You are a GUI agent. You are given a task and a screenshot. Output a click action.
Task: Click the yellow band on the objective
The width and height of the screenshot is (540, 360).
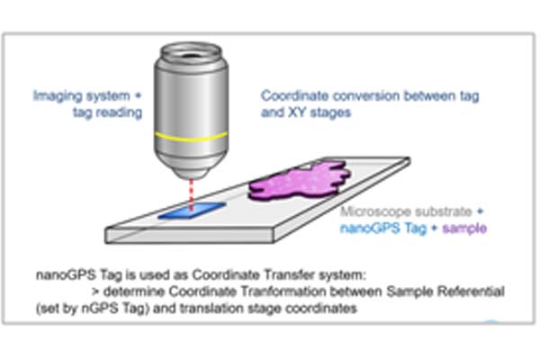coord(191,137)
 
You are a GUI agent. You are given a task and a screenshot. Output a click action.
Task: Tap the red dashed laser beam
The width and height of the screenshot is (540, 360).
coord(192,194)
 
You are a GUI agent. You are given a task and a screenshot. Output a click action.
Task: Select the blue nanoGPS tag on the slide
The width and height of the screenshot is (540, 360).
coord(192,211)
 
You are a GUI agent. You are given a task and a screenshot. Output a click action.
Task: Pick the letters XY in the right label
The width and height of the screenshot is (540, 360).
coord(297,112)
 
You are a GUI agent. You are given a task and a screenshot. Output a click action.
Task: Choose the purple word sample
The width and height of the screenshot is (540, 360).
coord(464,228)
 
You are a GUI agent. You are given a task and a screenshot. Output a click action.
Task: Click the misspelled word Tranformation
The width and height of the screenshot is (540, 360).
coord(283,292)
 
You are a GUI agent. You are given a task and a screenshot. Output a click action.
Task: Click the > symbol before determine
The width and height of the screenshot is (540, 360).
coord(95,292)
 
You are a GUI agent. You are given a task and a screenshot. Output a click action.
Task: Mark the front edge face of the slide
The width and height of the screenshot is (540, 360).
coord(189,236)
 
